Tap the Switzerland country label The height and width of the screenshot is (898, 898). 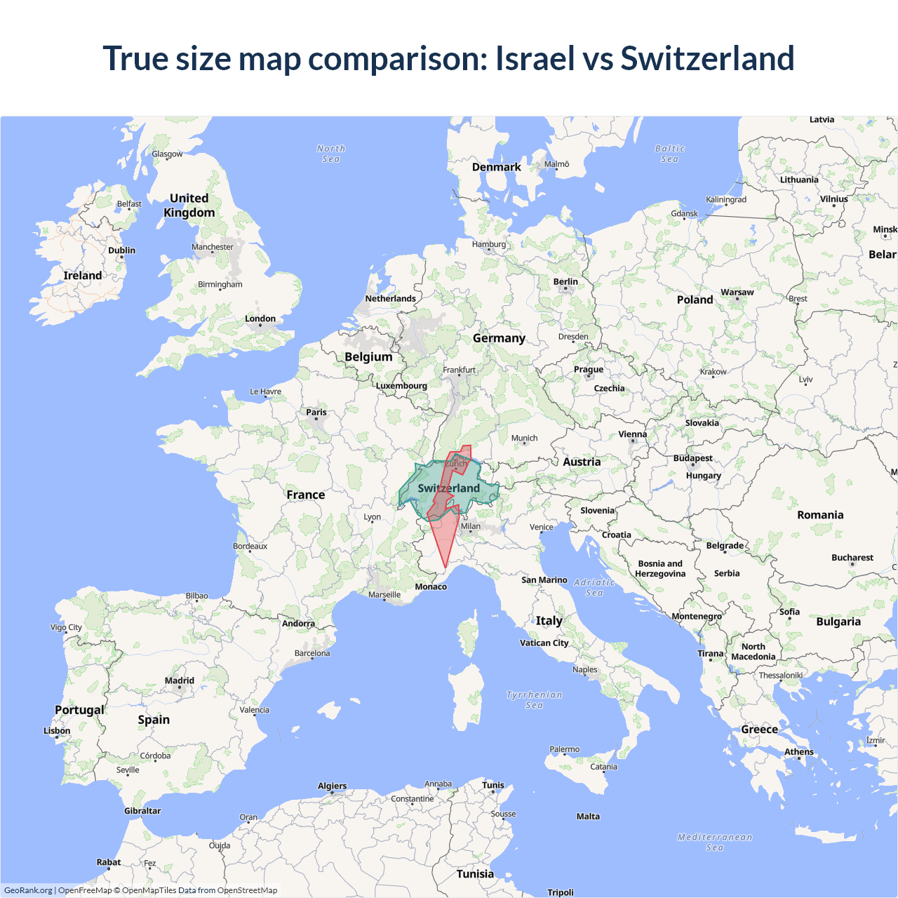pyautogui.click(x=449, y=488)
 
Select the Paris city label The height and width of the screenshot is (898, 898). pyautogui.click(x=316, y=413)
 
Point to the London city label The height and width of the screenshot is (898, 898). pyautogui.click(x=260, y=319)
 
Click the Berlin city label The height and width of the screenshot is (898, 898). pyautogui.click(x=565, y=282)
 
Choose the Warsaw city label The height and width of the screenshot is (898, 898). pyautogui.click(x=737, y=293)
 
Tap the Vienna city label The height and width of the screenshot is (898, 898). pyautogui.click(x=632, y=434)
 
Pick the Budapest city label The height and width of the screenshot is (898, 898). pyautogui.click(x=692, y=458)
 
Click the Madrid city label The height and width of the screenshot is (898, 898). pyautogui.click(x=180, y=681)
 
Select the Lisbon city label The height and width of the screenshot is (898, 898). pyautogui.click(x=57, y=731)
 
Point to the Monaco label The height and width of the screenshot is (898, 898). pyautogui.click(x=431, y=587)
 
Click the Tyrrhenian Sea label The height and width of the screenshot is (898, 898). pyautogui.click(x=534, y=700)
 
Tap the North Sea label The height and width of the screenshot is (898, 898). pyautogui.click(x=331, y=154)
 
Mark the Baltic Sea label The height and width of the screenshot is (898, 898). pyautogui.click(x=670, y=154)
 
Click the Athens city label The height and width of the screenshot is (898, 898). pyautogui.click(x=799, y=752)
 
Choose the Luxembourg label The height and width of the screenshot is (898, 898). pyautogui.click(x=401, y=386)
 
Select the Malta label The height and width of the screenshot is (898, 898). pyautogui.click(x=588, y=817)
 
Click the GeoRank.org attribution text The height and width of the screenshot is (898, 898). pyautogui.click(x=28, y=890)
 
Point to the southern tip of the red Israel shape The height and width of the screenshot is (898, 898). pyautogui.click(x=445, y=567)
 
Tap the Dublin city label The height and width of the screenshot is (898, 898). pyautogui.click(x=121, y=250)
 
